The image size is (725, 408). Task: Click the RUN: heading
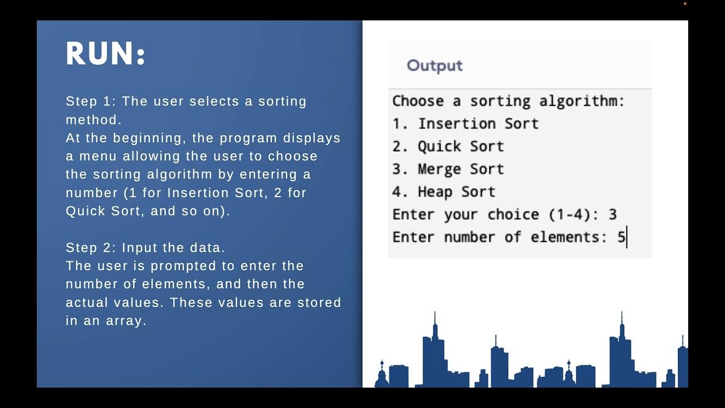coord(106,55)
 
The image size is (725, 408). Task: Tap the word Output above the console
coord(434,66)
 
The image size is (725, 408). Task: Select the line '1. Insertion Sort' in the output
coord(465,124)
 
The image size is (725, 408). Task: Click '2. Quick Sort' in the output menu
coord(447,146)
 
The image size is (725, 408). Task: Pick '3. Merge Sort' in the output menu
coord(447,169)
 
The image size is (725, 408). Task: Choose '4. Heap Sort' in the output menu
coord(443,192)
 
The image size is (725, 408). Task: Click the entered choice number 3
coord(612,215)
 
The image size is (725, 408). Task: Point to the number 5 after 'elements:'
coord(621,237)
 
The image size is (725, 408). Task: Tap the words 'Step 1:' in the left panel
coord(91,101)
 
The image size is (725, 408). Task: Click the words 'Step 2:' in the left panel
coord(91,248)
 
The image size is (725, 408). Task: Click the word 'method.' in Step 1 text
coord(93,120)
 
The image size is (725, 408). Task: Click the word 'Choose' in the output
coord(417,101)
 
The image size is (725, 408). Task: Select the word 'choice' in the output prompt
coord(513,215)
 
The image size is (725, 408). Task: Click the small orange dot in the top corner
coord(685,4)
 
